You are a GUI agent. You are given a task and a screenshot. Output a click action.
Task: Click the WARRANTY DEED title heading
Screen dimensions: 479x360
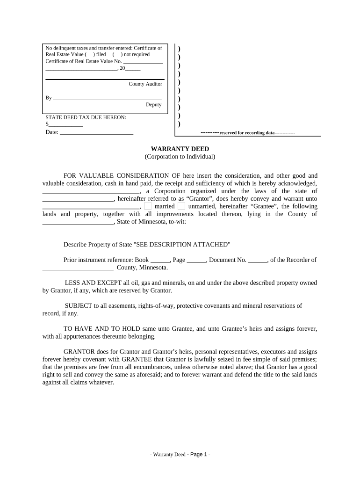[x=180, y=149]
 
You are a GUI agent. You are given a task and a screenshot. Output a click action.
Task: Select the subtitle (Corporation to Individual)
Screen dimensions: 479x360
[x=180, y=157]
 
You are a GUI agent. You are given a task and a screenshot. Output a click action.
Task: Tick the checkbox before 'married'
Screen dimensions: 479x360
[x=148, y=206]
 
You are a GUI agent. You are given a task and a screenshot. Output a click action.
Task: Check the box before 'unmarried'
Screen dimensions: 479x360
[x=181, y=206]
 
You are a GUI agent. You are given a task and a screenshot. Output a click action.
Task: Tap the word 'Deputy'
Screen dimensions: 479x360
[x=153, y=105]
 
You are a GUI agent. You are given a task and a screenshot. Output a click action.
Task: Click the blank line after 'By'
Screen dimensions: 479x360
[x=108, y=99]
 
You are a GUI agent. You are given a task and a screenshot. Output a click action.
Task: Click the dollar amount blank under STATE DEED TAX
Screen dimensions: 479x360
[x=66, y=125]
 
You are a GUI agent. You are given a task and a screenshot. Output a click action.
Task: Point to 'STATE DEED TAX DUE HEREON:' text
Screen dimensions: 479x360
[x=86, y=117]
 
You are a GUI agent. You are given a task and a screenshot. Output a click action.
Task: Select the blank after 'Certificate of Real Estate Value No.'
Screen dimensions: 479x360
[x=143, y=62]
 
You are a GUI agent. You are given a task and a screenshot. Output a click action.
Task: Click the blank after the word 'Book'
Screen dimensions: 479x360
[x=160, y=261]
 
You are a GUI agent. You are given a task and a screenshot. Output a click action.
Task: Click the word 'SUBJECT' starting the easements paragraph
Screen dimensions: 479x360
[x=77, y=306]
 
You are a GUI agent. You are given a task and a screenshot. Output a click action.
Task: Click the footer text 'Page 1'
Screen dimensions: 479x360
[x=200, y=454]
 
